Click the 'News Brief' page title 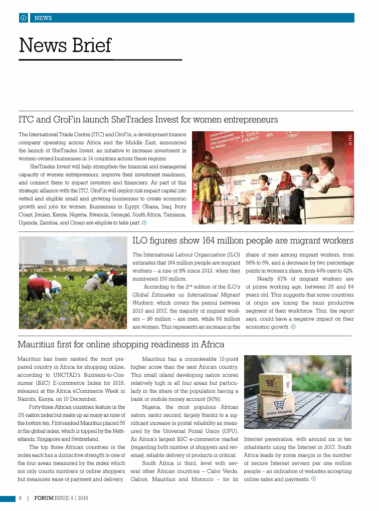(65, 45)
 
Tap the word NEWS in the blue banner (43, 18)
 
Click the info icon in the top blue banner (23, 18)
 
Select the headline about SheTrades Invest (148, 120)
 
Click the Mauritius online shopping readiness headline (121, 345)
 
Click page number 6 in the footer (20, 498)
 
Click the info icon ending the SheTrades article (144, 222)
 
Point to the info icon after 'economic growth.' (293, 327)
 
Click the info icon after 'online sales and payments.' (314, 478)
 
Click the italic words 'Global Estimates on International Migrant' (186, 294)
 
